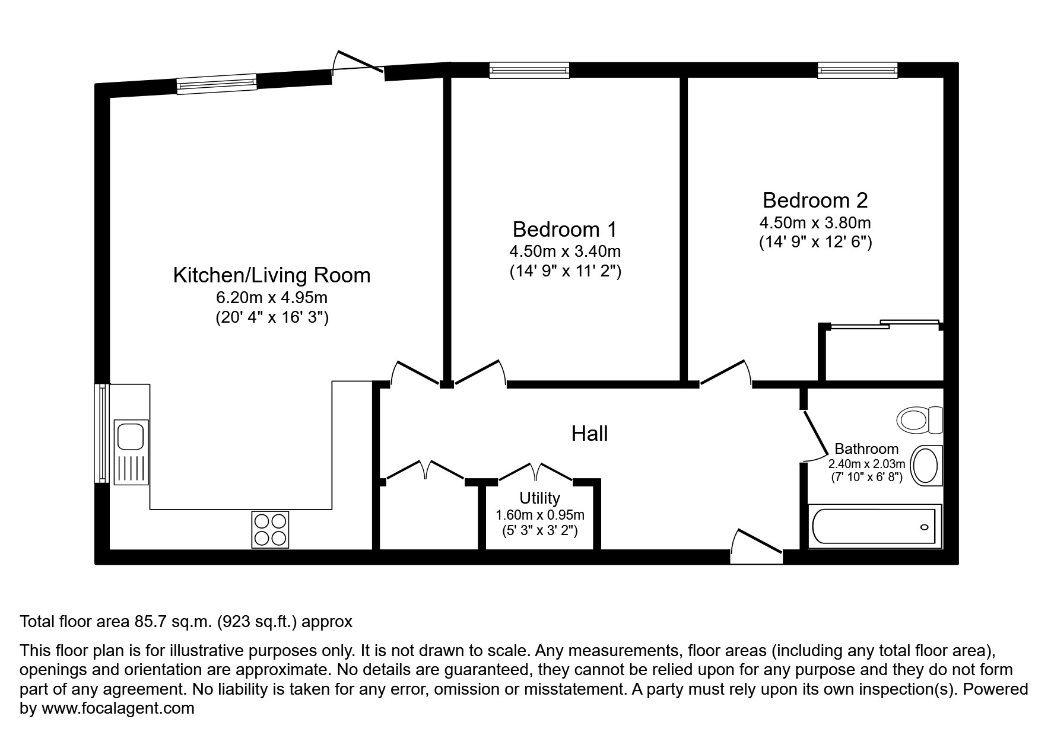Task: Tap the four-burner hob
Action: pyautogui.click(x=270, y=529)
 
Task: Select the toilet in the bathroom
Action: pyautogui.click(x=919, y=420)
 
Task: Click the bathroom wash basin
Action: pyautogui.click(x=925, y=466)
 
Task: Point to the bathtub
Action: pyautogui.click(x=875, y=526)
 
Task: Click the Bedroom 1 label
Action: pyautogui.click(x=564, y=229)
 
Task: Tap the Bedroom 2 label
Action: pyautogui.click(x=815, y=201)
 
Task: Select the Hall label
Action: pyautogui.click(x=589, y=434)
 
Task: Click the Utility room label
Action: pyautogui.click(x=539, y=498)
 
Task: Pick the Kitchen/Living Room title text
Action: pyautogui.click(x=271, y=275)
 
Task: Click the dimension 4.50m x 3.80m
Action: pyautogui.click(x=815, y=224)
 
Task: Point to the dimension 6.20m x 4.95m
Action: pyautogui.click(x=271, y=297)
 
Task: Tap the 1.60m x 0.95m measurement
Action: pyautogui.click(x=539, y=515)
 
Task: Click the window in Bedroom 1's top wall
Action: pyautogui.click(x=529, y=71)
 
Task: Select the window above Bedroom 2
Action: pyautogui.click(x=857, y=71)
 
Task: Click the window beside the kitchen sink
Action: pyautogui.click(x=102, y=433)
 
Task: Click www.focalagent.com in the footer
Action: pyautogui.click(x=118, y=708)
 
